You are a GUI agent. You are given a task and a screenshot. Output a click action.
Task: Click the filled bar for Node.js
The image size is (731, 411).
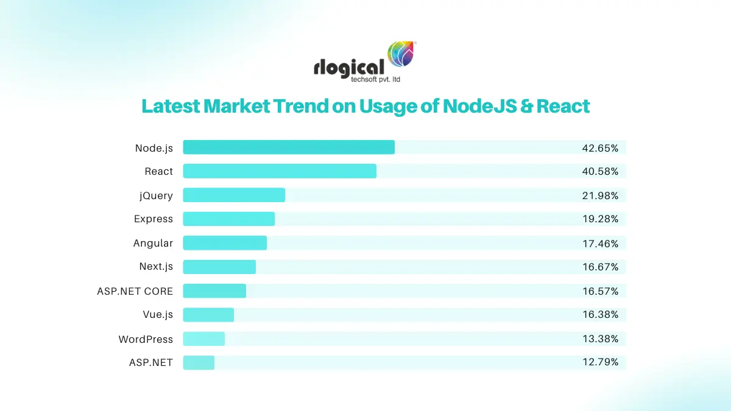pyautogui.click(x=289, y=147)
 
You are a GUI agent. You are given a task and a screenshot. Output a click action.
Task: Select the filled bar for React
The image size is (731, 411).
pyautogui.click(x=280, y=171)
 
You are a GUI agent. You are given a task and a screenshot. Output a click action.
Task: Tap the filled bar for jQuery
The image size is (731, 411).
pyautogui.click(x=234, y=195)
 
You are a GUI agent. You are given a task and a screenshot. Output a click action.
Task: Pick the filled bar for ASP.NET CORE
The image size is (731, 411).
pyautogui.click(x=214, y=291)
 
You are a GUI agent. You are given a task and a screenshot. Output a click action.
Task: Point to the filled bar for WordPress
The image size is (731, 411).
pyautogui.click(x=204, y=339)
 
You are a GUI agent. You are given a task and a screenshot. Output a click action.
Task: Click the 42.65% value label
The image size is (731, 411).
pyautogui.click(x=600, y=148)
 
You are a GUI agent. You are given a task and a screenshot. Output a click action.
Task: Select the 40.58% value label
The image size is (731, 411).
pyautogui.click(x=600, y=172)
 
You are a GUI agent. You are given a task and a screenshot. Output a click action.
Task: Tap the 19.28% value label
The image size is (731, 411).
pyautogui.click(x=600, y=219)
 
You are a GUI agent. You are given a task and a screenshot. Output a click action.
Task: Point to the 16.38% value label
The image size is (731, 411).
pyautogui.click(x=600, y=315)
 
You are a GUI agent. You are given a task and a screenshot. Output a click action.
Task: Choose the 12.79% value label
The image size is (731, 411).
pyautogui.click(x=600, y=362)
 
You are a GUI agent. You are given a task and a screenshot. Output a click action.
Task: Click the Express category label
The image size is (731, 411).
pyautogui.click(x=154, y=219)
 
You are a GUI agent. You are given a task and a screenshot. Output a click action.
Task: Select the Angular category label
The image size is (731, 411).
pyautogui.click(x=153, y=244)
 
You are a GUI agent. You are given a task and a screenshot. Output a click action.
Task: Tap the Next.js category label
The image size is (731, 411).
pyautogui.click(x=156, y=267)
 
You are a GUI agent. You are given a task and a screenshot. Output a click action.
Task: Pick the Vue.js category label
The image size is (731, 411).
pyautogui.click(x=158, y=315)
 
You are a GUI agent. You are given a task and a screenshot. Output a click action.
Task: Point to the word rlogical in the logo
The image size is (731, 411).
pyautogui.click(x=349, y=66)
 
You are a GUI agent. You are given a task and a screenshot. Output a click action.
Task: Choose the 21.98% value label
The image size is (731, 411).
pyautogui.click(x=600, y=195)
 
